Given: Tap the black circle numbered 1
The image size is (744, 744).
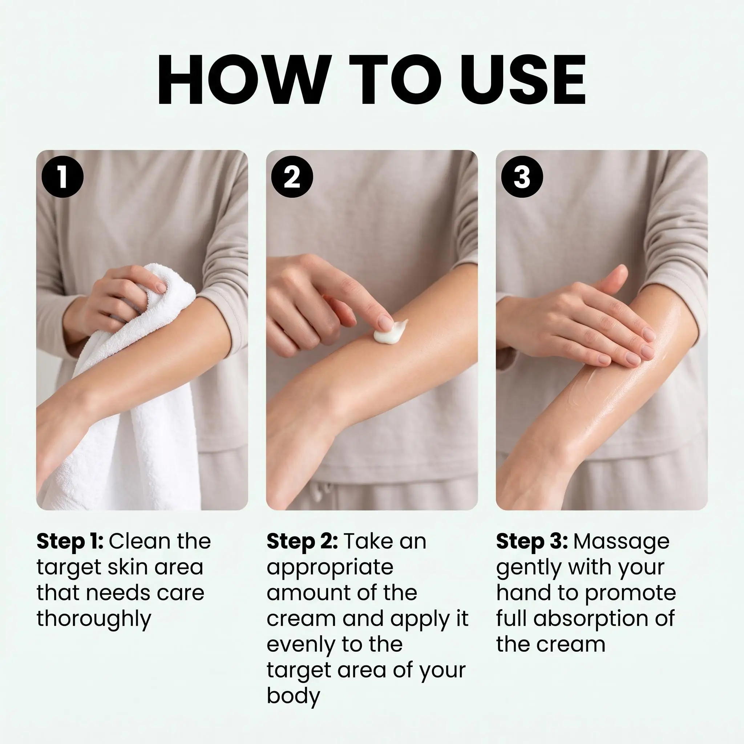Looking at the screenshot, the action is click(62, 177).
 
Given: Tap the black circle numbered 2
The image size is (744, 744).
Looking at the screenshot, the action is click(292, 177).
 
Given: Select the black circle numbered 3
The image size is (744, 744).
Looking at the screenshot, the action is click(522, 177).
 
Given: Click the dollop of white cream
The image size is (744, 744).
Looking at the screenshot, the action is click(390, 332).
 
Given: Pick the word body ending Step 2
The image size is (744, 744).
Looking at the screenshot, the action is click(294, 696).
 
